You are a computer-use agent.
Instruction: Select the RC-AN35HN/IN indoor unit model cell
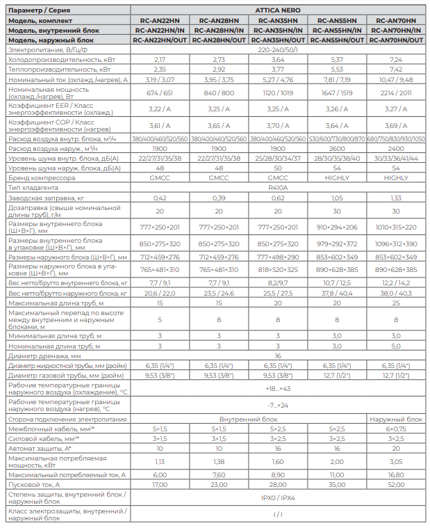(x=279, y=31)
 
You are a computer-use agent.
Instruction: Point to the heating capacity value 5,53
(x=338, y=70)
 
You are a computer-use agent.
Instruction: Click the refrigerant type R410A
(x=279, y=187)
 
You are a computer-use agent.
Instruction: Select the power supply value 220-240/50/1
(x=279, y=50)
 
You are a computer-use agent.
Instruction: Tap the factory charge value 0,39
(x=219, y=198)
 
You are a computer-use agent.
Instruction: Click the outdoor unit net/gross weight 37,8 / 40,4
(x=338, y=294)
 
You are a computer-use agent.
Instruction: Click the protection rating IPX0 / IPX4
(x=279, y=498)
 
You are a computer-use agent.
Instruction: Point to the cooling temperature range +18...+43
(x=279, y=388)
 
